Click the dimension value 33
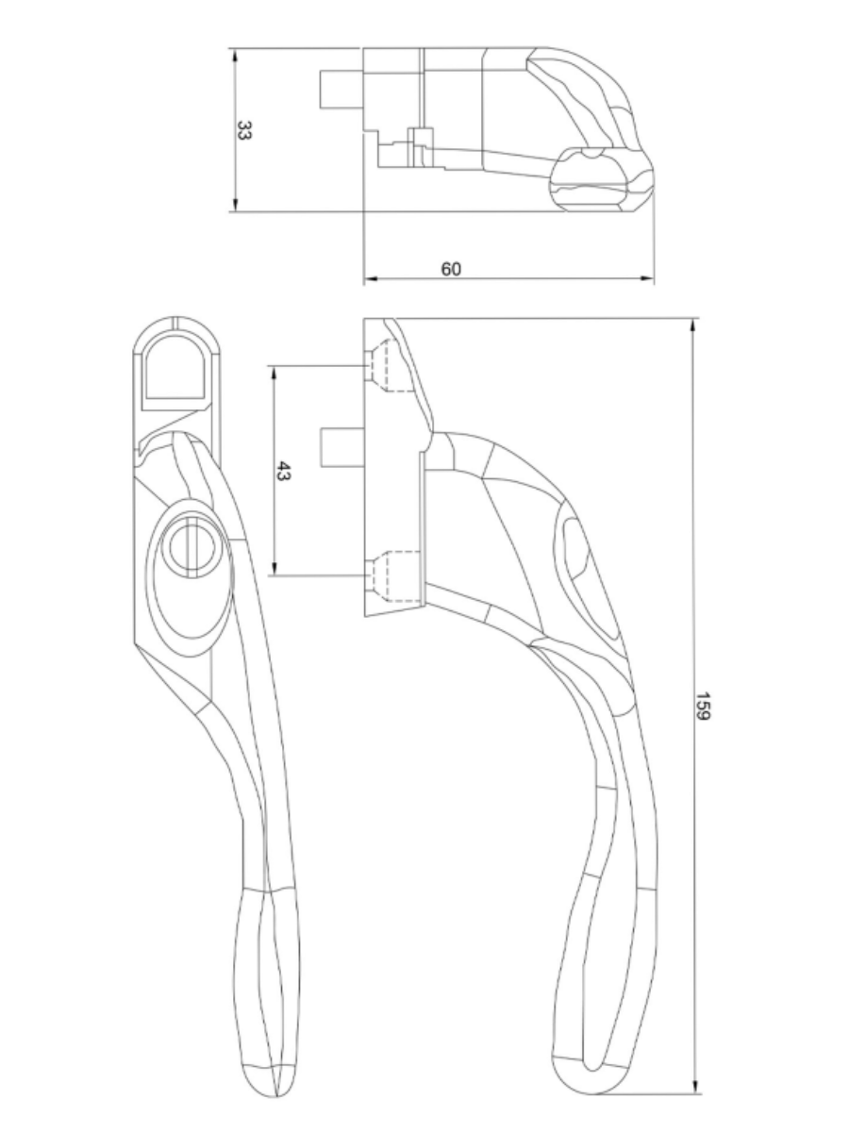[243, 131]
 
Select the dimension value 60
[451, 269]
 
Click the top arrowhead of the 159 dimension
[694, 325]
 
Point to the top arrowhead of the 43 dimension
[274, 371]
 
